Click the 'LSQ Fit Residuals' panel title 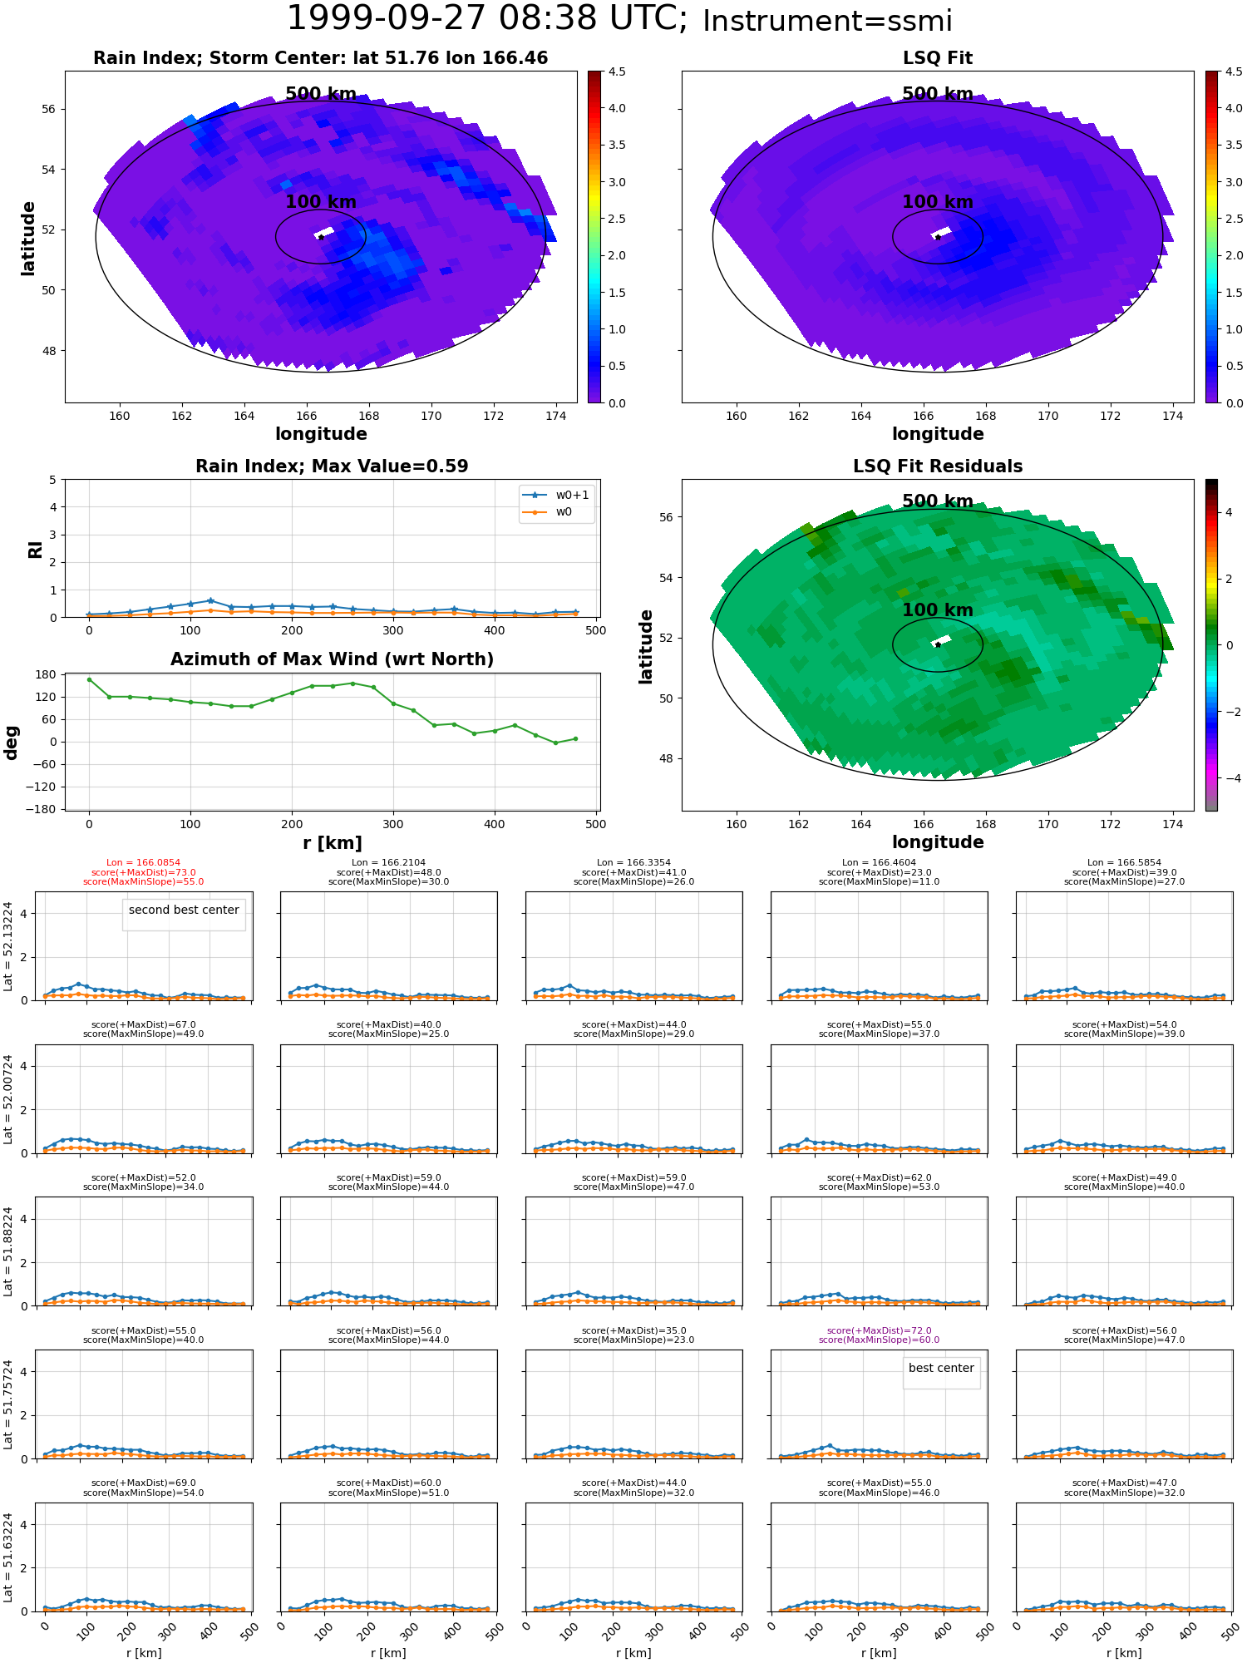938,466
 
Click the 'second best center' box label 184,910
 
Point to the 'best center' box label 941,1368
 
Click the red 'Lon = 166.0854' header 143,863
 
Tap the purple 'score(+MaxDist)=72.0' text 879,1330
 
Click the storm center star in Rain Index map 321,237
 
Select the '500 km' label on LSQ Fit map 938,94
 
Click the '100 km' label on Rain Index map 321,202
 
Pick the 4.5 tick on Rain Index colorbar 616,72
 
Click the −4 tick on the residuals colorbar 1229,778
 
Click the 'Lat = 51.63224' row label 8,1557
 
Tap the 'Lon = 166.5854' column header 1124,863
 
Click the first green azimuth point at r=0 89,679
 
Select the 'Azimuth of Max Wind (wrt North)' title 332,659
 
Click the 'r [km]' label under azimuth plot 332,843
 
